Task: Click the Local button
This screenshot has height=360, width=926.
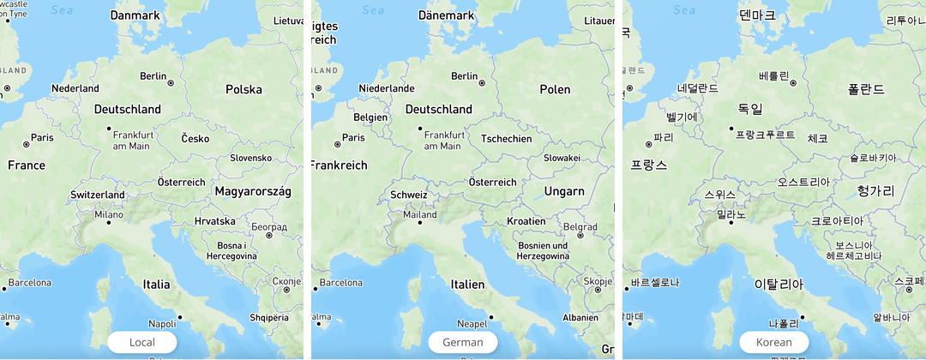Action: tap(141, 342)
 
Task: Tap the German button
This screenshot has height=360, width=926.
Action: tap(462, 342)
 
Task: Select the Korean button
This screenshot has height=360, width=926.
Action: tap(773, 342)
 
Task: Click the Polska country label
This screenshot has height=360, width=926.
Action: tap(244, 90)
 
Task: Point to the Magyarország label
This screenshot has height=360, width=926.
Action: tap(254, 190)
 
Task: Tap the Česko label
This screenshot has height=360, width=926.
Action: tap(195, 139)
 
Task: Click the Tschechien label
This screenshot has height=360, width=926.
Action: tap(507, 139)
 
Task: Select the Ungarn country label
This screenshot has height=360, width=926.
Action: tap(564, 190)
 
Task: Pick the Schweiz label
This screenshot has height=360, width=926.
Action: tap(408, 195)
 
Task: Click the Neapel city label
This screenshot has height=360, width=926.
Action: tap(472, 324)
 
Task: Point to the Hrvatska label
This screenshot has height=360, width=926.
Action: tap(214, 221)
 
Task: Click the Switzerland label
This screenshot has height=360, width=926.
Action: tap(98, 195)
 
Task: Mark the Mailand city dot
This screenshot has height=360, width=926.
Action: tap(419, 223)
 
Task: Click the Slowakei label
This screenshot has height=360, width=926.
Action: tap(562, 158)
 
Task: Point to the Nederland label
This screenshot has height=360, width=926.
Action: tap(75, 88)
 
